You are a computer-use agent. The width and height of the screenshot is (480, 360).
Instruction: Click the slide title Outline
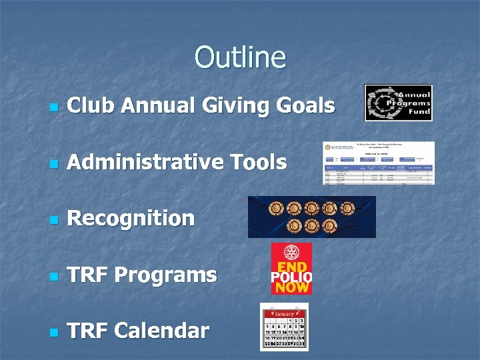tap(240, 57)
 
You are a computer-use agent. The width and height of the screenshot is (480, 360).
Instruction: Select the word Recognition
tap(131, 219)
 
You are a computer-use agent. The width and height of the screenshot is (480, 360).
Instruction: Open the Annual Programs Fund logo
tap(398, 103)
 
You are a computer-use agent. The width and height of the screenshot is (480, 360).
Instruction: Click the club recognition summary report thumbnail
tap(378, 163)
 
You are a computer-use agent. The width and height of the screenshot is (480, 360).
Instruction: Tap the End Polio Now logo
tap(291, 269)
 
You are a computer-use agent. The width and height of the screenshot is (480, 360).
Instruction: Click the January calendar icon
tap(284, 327)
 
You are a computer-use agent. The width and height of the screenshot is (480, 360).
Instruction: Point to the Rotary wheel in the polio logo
tap(291, 253)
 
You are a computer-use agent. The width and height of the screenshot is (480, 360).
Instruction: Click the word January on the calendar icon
tap(284, 313)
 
